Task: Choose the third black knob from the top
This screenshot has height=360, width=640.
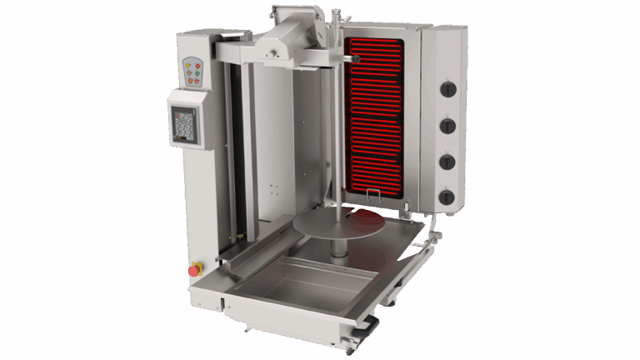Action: click(447, 162)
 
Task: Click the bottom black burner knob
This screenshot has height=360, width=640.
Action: click(447, 197)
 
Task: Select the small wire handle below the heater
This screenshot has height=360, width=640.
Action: click(373, 195)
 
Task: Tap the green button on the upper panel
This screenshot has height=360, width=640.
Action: click(197, 73)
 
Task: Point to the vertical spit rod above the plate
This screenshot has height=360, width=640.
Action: click(337, 150)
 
